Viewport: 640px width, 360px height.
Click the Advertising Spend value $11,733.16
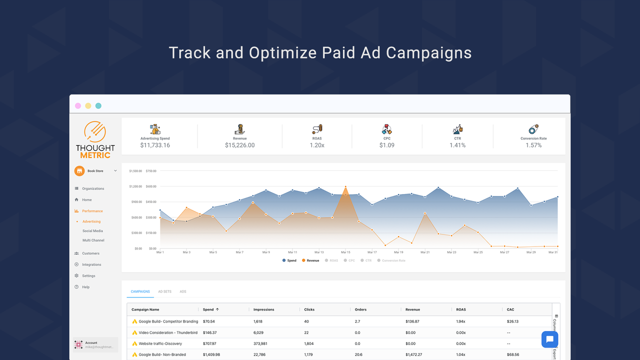coord(155,145)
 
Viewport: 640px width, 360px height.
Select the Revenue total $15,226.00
coord(239,145)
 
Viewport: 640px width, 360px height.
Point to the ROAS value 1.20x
coord(317,145)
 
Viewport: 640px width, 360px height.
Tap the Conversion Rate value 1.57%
coord(533,145)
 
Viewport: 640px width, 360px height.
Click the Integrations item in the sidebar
coord(91,264)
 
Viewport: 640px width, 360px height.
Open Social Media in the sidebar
coord(92,231)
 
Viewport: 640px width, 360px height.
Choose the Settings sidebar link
coord(88,276)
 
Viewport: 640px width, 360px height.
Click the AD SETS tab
coord(164,291)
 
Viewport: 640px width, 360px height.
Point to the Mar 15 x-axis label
coord(345,252)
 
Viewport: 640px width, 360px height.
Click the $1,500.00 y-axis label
coord(135,171)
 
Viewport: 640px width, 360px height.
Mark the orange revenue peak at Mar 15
coord(345,187)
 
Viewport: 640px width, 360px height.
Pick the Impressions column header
coord(264,309)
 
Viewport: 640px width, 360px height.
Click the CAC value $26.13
coord(512,321)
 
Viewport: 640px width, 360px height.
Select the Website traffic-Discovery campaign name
coord(160,343)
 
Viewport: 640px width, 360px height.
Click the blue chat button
coord(549,339)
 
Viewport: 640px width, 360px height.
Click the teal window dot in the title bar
coord(98,106)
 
